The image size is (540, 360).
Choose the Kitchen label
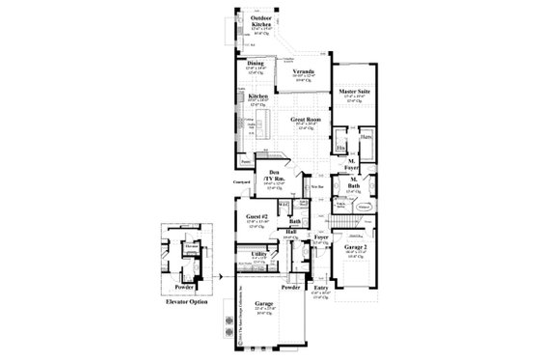click(257, 97)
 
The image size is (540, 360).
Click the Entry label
click(321, 286)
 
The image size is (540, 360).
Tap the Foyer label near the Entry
click(321, 236)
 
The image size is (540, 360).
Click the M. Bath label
click(354, 182)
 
